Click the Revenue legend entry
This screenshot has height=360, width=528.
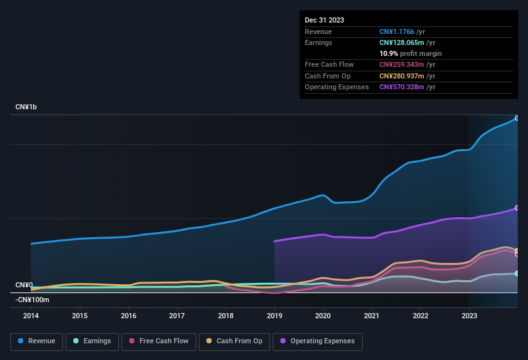pyautogui.click(x=37, y=341)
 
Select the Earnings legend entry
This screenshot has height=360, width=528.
pyautogui.click(x=92, y=341)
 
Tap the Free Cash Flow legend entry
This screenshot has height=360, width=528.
pyautogui.click(x=159, y=341)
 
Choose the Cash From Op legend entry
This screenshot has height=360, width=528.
pyautogui.click(x=234, y=341)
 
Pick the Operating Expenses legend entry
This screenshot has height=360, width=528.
pyautogui.click(x=317, y=341)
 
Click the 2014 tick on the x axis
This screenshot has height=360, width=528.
pyautogui.click(x=31, y=316)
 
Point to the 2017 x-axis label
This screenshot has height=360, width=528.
pyautogui.click(x=178, y=316)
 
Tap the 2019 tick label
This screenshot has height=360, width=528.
pyautogui.click(x=275, y=316)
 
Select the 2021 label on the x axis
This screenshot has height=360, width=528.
pyautogui.click(x=372, y=316)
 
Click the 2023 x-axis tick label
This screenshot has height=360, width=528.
pyautogui.click(x=469, y=316)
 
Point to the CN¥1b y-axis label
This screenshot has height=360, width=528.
pyautogui.click(x=26, y=107)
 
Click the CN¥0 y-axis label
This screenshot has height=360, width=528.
pyautogui.click(x=24, y=285)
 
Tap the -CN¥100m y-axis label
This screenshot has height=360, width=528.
pyautogui.click(x=32, y=300)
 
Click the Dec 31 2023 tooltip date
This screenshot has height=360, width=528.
pyautogui.click(x=324, y=20)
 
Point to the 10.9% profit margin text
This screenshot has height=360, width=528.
pyautogui.click(x=410, y=53)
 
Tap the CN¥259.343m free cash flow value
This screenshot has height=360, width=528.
pyautogui.click(x=403, y=64)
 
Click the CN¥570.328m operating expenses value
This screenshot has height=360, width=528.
pyautogui.click(x=403, y=87)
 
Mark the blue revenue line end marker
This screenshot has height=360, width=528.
pyautogui.click(x=517, y=118)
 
